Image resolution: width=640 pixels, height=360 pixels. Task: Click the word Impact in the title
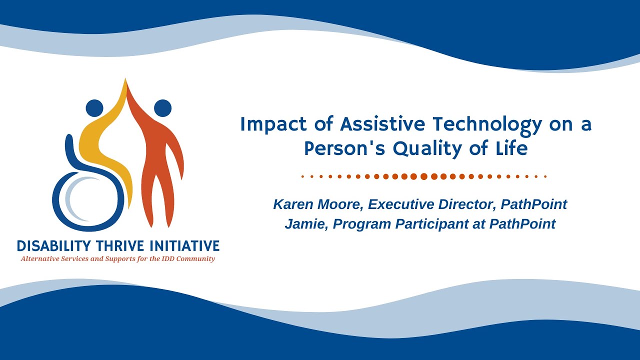click(x=273, y=125)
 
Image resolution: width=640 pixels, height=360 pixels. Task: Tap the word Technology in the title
click(x=487, y=125)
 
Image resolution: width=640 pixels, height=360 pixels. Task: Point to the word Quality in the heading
click(x=427, y=149)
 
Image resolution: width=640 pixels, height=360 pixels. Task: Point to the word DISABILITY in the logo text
click(x=53, y=246)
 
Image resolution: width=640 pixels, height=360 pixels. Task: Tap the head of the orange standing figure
click(x=163, y=108)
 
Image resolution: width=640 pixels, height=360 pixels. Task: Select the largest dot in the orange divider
click(x=424, y=176)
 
